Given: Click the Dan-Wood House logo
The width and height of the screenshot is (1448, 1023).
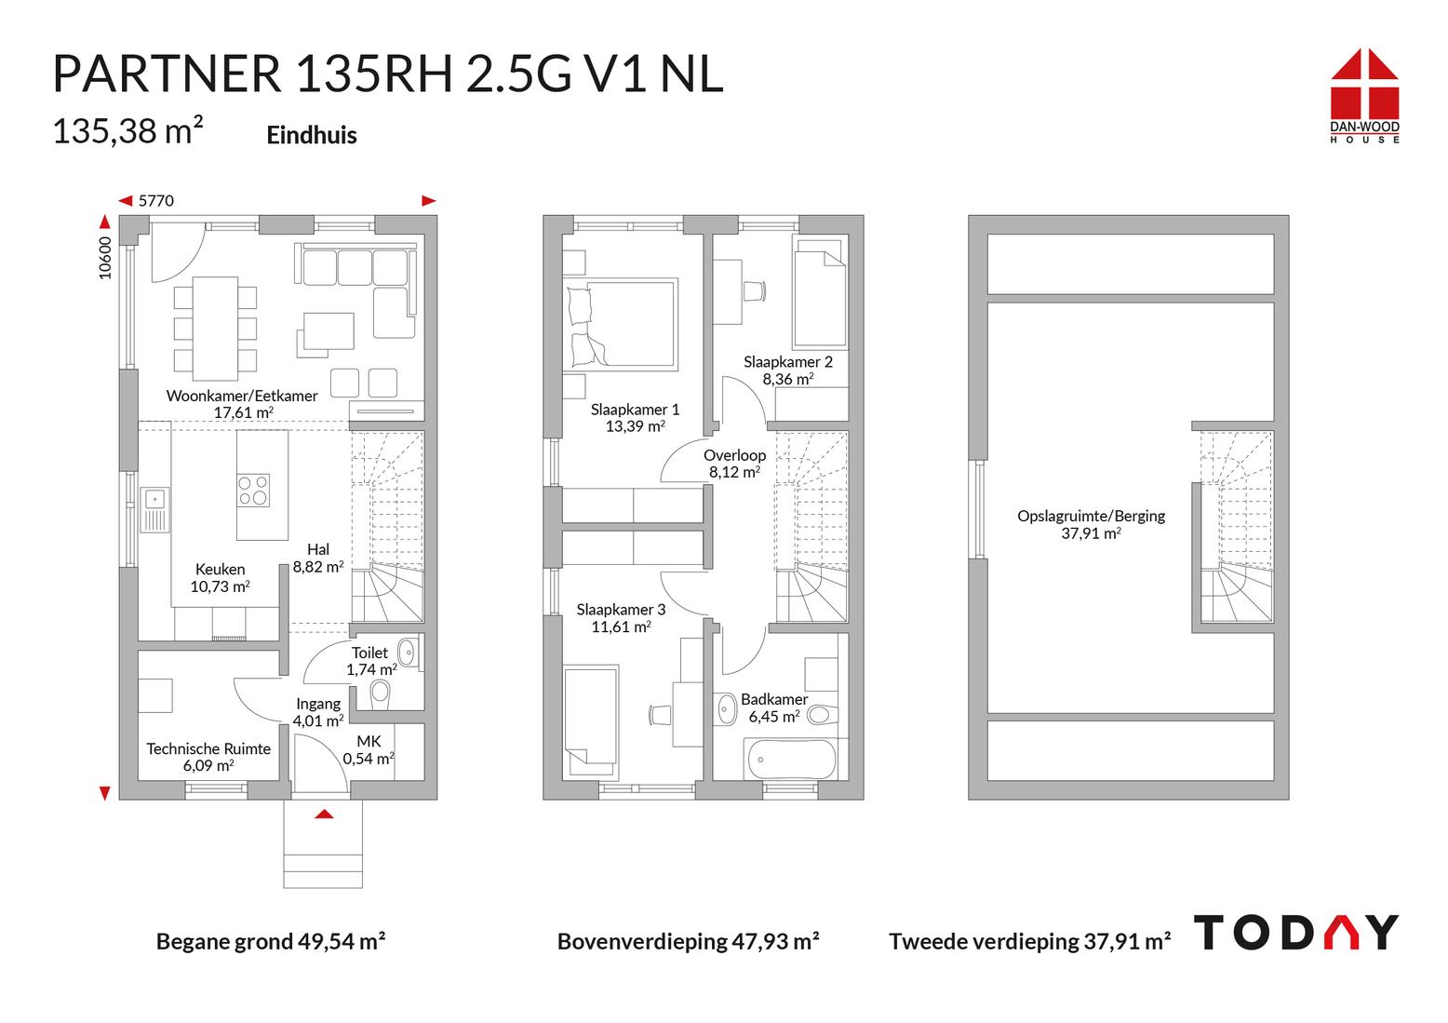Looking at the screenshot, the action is (x=1364, y=96).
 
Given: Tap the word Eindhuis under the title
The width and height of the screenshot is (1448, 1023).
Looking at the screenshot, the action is (x=312, y=135).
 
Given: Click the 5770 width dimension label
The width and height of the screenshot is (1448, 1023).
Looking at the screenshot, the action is (x=156, y=200).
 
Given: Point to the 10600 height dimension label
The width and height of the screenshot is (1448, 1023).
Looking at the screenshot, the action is (x=105, y=258).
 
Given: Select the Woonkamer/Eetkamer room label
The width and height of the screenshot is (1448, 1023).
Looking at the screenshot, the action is (x=242, y=404).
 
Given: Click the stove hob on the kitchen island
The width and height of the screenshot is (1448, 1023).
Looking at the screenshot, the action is (x=253, y=491).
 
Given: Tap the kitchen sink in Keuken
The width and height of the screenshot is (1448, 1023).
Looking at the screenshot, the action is (x=155, y=509).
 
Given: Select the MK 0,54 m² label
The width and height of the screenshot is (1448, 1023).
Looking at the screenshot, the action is (x=369, y=750).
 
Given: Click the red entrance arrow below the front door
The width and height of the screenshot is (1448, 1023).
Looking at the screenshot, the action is (x=324, y=814).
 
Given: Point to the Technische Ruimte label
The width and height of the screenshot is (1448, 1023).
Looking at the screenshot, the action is (x=208, y=757).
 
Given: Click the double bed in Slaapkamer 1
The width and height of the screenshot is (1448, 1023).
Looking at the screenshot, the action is (x=622, y=325).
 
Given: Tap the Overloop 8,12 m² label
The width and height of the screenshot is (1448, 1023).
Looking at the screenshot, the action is (x=734, y=464).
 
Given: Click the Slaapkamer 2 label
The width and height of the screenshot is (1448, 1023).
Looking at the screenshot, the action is (x=788, y=370).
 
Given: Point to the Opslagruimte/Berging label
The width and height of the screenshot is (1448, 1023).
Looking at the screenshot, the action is (x=1092, y=524).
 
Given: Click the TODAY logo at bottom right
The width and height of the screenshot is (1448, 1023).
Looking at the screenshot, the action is (x=1296, y=933).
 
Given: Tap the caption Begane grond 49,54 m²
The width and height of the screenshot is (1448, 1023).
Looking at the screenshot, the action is (x=271, y=941).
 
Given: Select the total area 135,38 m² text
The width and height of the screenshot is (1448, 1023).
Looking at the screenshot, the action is (x=128, y=130).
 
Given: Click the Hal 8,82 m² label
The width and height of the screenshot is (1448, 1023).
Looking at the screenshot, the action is (x=318, y=559).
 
